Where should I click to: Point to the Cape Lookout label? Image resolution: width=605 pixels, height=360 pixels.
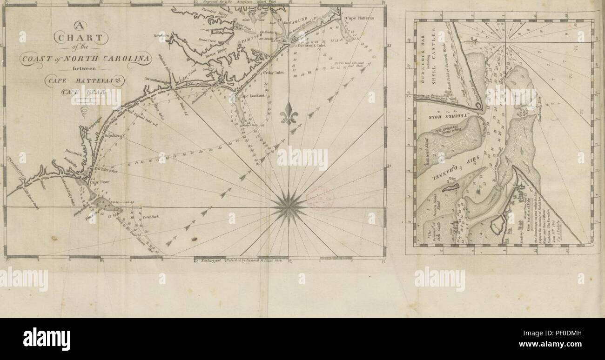252,95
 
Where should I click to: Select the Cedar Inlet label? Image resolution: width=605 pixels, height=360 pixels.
273,73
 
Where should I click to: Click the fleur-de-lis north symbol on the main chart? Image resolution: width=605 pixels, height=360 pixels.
289,113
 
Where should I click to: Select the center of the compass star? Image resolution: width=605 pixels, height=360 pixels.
289,207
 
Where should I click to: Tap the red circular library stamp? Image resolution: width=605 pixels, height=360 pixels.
320,197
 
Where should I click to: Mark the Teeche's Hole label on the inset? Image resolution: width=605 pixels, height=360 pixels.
448,113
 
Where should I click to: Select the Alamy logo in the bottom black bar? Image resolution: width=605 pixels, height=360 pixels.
47,339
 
